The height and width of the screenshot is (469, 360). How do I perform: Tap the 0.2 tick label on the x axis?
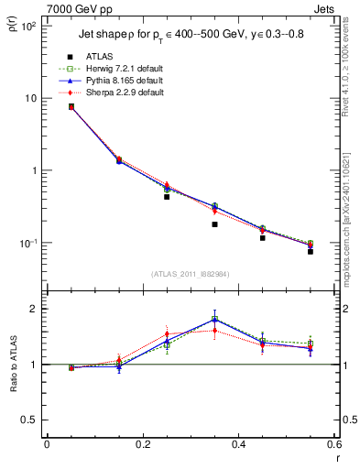(142, 444)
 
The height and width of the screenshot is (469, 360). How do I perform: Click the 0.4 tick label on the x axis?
(238, 444)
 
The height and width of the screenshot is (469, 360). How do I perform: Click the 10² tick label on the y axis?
(27, 26)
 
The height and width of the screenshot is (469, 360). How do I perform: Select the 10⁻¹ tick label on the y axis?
(27, 243)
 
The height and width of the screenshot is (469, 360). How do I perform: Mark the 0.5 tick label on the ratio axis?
(29, 420)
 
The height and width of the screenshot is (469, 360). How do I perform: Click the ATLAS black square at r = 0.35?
(214, 224)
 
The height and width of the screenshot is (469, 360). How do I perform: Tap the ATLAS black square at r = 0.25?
(167, 196)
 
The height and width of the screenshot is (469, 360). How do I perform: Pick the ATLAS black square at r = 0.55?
(311, 250)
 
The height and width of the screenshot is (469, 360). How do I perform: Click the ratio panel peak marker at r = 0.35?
(214, 320)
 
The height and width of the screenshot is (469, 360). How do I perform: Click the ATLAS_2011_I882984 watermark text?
(190, 273)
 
